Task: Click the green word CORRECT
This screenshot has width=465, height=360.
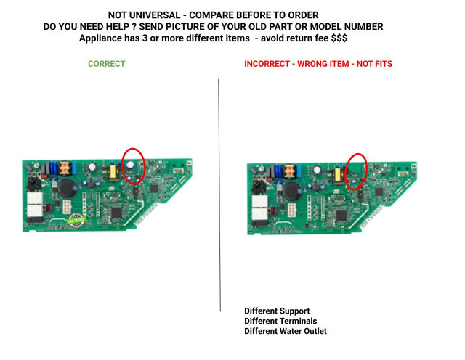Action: pyautogui.click(x=107, y=64)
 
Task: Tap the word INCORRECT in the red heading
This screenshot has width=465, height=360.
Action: pyautogui.click(x=267, y=64)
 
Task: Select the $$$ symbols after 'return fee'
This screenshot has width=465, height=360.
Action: pyautogui.click(x=339, y=38)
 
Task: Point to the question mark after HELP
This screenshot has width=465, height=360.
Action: pyautogui.click(x=134, y=27)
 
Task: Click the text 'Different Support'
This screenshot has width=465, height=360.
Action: pyautogui.click(x=277, y=311)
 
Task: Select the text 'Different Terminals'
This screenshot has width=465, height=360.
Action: pyautogui.click(x=280, y=321)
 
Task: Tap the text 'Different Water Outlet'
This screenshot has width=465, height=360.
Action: pyautogui.click(x=286, y=331)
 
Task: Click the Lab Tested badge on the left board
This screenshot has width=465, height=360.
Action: pyautogui.click(x=76, y=221)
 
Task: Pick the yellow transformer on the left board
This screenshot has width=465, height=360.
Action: pyautogui.click(x=113, y=171)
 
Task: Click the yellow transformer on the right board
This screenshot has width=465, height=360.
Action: pyautogui.click(x=337, y=175)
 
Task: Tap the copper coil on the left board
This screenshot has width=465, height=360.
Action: pyautogui.click(x=65, y=168)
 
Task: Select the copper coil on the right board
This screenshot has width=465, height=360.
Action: pyautogui.click(x=290, y=171)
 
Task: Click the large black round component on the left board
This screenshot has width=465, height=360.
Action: pyautogui.click(x=67, y=188)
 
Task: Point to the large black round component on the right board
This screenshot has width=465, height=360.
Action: pyautogui.click(x=292, y=192)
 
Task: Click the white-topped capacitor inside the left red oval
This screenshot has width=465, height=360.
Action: pyautogui.click(x=130, y=165)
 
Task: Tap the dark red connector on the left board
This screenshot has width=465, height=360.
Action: pyautogui.click(x=48, y=208)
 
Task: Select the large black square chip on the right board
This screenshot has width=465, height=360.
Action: pyautogui.click(x=341, y=216)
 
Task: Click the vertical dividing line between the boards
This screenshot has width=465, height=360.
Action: pyautogui.click(x=219, y=195)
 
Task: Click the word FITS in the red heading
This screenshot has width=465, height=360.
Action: pyautogui.click(x=384, y=64)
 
